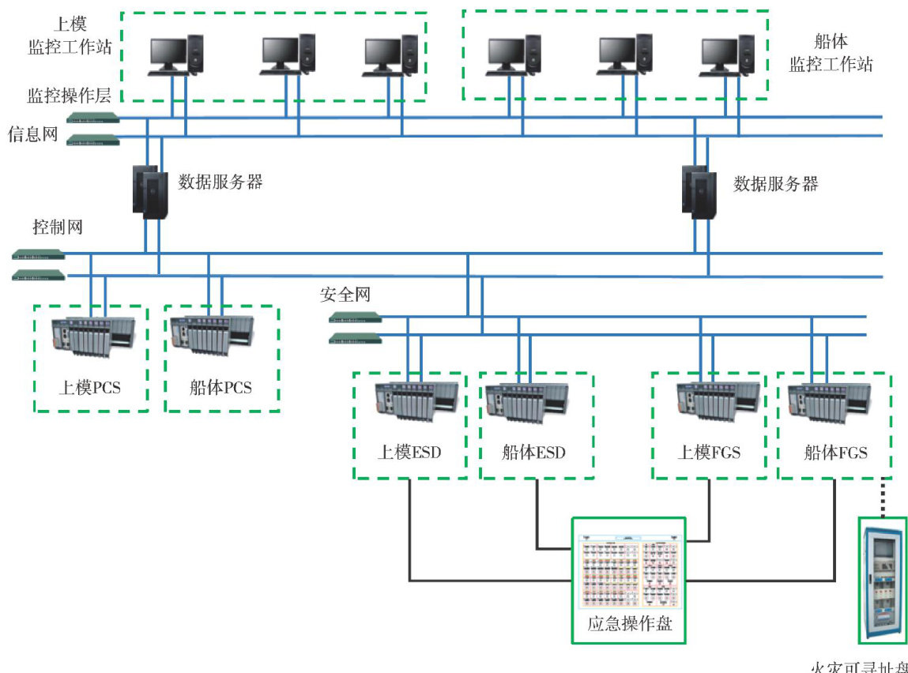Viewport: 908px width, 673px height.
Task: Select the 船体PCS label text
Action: point(220,387)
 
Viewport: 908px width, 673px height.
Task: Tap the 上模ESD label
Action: point(409,453)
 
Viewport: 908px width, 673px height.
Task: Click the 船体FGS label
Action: point(835,453)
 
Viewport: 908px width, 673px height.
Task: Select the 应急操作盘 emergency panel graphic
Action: point(628,570)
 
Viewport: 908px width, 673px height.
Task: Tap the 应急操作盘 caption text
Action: point(629,623)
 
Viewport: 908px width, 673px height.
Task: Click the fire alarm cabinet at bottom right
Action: point(882,581)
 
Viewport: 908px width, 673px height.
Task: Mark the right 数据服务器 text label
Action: point(775,184)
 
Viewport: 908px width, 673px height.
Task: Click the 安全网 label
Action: point(345,295)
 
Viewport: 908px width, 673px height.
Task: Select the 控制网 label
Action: point(57,227)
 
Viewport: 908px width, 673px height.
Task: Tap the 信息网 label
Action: point(33,133)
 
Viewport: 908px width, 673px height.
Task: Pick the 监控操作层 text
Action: point(69,96)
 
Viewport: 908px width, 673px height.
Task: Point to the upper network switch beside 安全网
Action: point(356,318)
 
